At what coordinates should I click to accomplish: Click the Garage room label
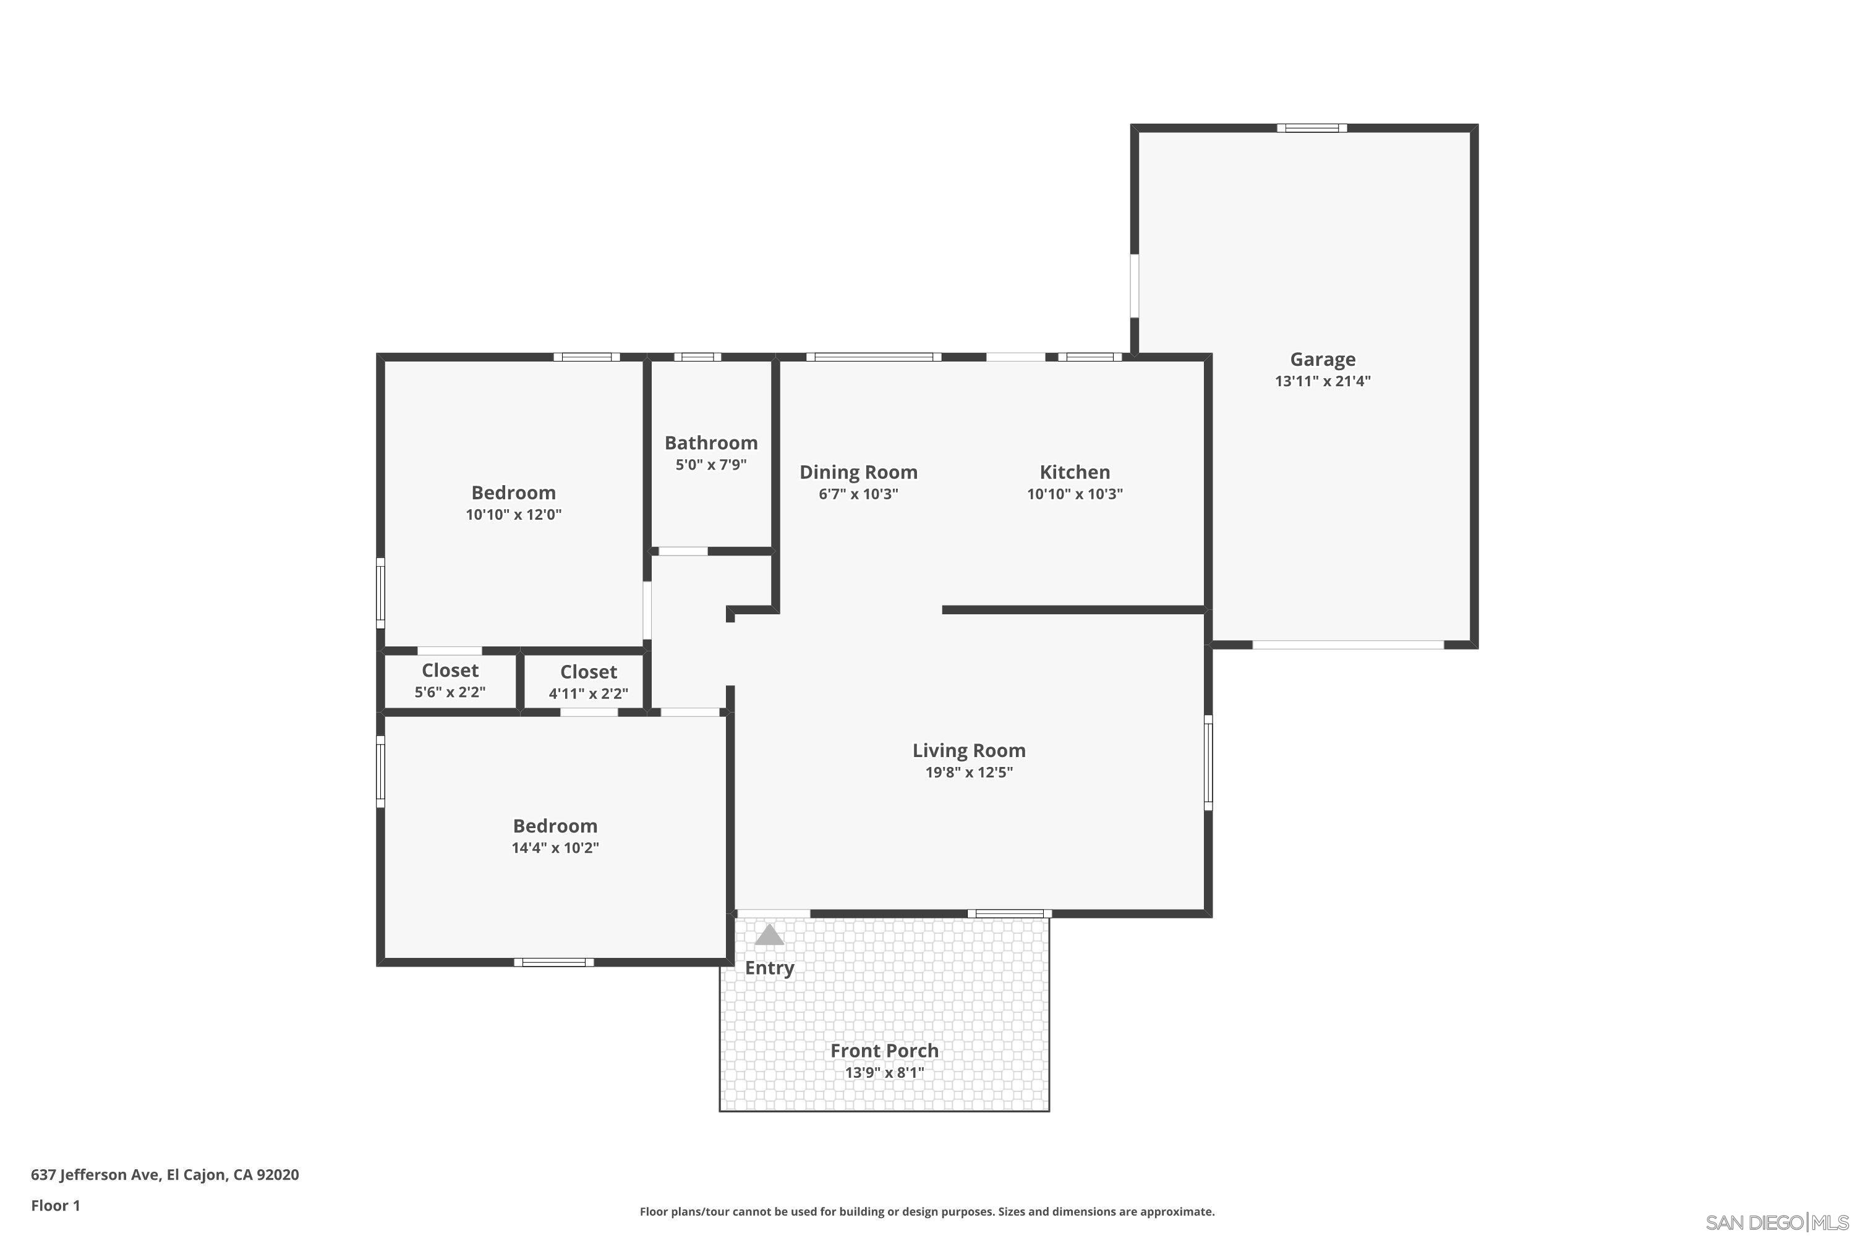(x=1323, y=360)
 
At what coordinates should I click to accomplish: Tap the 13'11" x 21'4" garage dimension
(x=1323, y=381)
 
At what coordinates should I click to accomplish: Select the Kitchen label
(x=1074, y=472)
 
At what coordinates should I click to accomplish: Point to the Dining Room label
(x=858, y=472)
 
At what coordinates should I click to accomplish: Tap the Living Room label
(x=968, y=750)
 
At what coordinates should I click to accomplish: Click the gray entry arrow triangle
(x=769, y=936)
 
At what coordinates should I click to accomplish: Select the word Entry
(x=769, y=968)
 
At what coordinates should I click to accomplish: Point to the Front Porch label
(x=884, y=1051)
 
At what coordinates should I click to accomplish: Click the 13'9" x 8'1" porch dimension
(x=884, y=1073)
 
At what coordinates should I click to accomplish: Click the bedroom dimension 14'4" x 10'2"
(x=555, y=848)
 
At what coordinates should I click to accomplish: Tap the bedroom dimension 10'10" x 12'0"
(x=513, y=515)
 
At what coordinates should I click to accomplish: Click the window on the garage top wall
(x=1311, y=128)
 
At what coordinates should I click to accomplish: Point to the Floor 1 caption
(x=55, y=1205)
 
